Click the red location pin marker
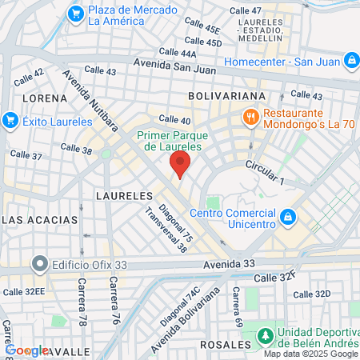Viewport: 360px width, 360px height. click(x=180, y=166)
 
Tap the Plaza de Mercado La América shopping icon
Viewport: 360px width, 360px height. click(x=77, y=13)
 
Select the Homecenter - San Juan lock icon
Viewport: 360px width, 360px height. click(x=351, y=60)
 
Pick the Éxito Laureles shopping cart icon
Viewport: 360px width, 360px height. click(x=10, y=120)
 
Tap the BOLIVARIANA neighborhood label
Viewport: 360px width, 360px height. click(x=226, y=96)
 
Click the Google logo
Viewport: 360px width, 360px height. click(x=26, y=350)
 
